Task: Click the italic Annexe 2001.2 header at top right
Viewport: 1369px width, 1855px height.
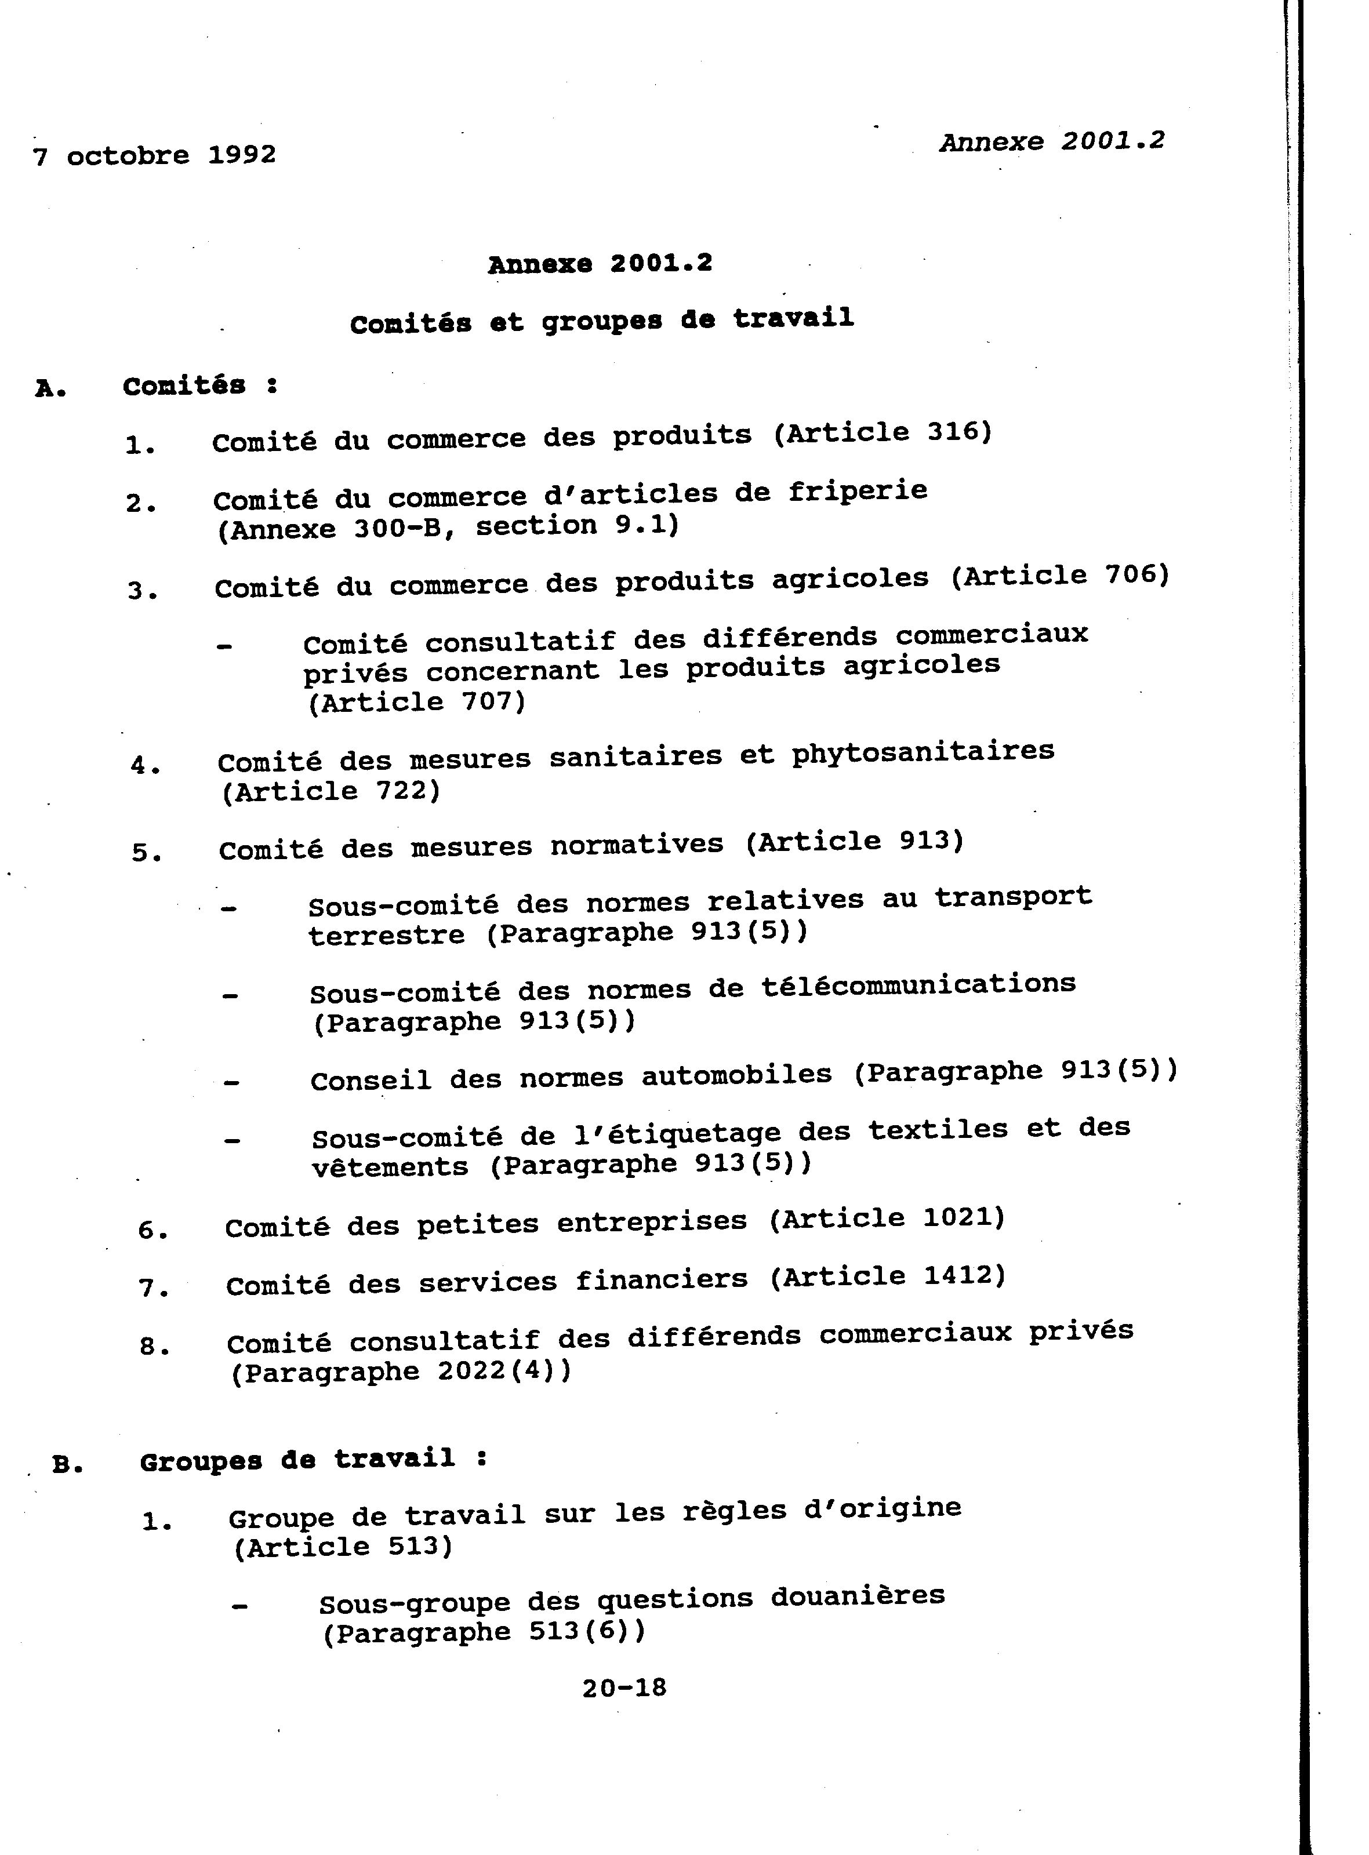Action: pyautogui.click(x=1052, y=141)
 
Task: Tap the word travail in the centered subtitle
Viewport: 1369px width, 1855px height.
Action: pyautogui.click(x=793, y=318)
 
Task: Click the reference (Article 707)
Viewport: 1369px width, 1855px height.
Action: pyautogui.click(x=417, y=703)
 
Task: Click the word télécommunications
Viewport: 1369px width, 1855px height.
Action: pyautogui.click(x=918, y=984)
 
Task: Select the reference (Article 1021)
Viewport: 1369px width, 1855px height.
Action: pyautogui.click(x=887, y=1219)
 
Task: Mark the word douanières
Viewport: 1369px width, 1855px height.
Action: pyautogui.click(x=857, y=1596)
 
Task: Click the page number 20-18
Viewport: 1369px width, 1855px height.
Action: pyautogui.click(x=624, y=1687)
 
